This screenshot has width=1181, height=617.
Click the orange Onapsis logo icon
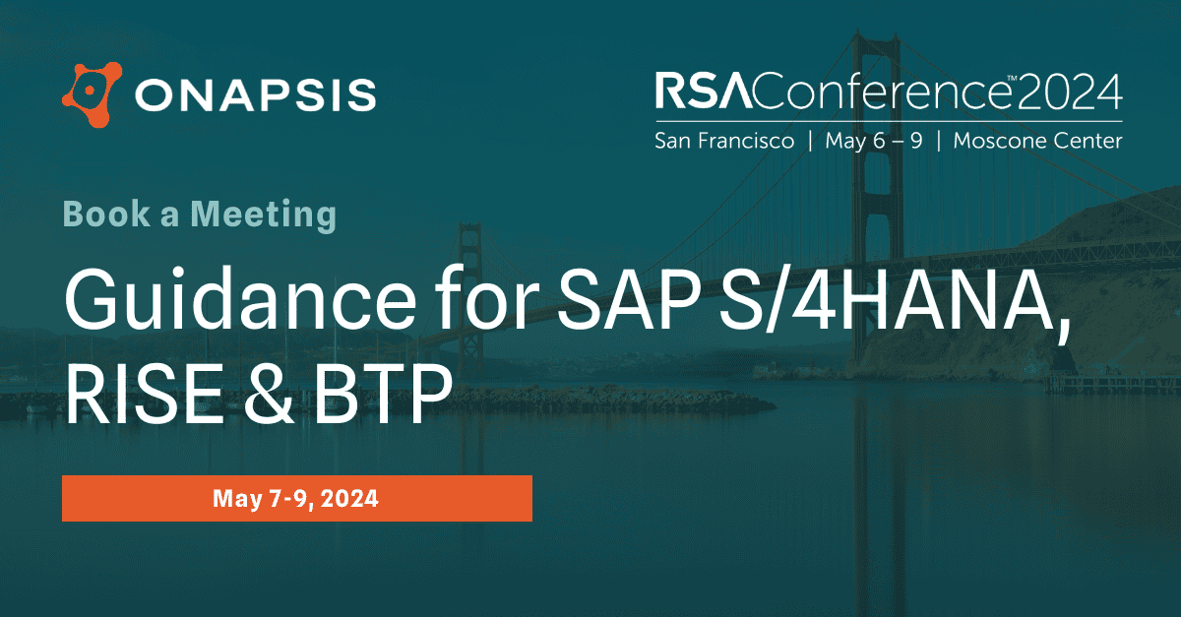(x=92, y=95)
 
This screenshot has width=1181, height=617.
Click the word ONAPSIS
(x=256, y=96)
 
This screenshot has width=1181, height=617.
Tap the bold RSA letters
(x=693, y=92)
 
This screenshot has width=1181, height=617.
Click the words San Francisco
(x=724, y=141)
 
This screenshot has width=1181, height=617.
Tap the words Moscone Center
(x=1037, y=141)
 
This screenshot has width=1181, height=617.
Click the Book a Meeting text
(x=200, y=214)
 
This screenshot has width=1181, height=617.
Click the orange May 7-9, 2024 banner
(x=296, y=498)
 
